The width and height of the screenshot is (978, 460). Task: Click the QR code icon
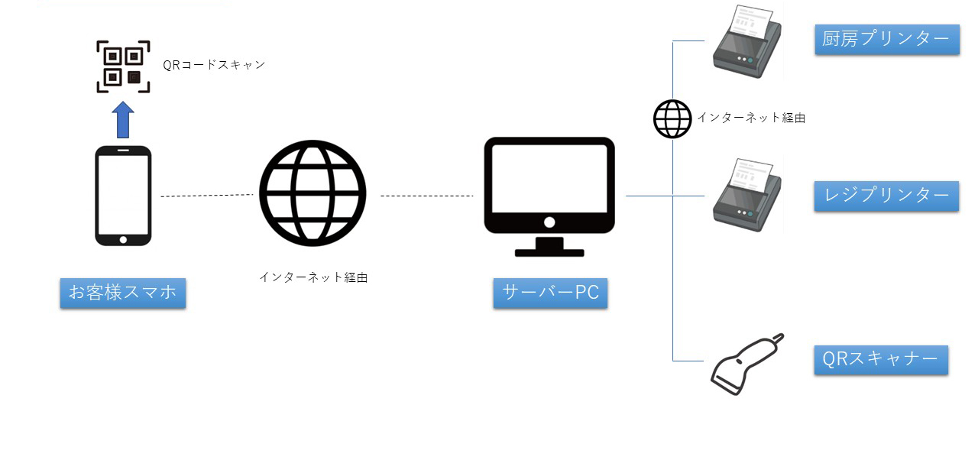point(123,66)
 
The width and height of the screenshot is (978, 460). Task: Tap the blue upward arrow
point(123,120)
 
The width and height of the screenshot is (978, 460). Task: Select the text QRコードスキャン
point(214,65)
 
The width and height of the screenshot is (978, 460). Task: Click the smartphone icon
point(123,196)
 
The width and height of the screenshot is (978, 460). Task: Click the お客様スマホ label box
point(123,293)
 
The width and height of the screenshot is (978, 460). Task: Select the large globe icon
point(313,193)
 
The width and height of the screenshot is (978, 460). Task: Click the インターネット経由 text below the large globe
point(313,277)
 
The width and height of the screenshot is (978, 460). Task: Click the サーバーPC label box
point(550,293)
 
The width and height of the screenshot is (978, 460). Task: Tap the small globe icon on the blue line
point(672,119)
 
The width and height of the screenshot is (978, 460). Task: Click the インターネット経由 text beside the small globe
point(751,118)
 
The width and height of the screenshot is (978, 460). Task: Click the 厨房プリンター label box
point(886,39)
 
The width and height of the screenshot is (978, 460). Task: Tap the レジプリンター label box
point(886,196)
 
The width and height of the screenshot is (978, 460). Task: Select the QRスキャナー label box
point(880,359)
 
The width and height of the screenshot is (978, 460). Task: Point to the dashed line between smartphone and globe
point(206,196)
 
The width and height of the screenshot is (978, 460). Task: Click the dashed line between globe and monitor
point(426,196)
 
